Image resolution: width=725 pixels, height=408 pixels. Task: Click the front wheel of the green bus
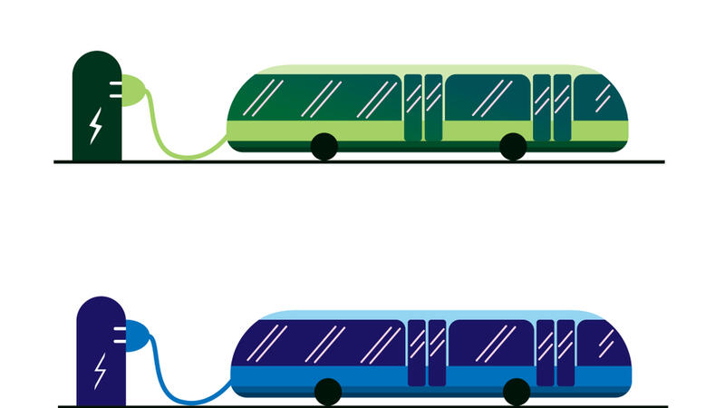[x=513, y=146]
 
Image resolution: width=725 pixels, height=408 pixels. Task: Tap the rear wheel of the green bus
[x=324, y=146]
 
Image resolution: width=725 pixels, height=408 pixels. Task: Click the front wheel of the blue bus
[x=517, y=392]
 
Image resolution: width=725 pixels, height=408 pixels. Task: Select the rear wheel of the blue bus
[x=327, y=392]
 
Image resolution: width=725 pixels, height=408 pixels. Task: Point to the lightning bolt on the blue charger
[x=100, y=370]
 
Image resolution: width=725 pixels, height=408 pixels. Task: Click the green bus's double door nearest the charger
[x=423, y=107]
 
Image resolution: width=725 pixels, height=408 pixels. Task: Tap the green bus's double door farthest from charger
[x=552, y=107]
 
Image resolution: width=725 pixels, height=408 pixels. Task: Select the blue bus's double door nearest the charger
[x=426, y=353]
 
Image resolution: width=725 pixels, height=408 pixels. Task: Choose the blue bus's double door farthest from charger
[x=555, y=353]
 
